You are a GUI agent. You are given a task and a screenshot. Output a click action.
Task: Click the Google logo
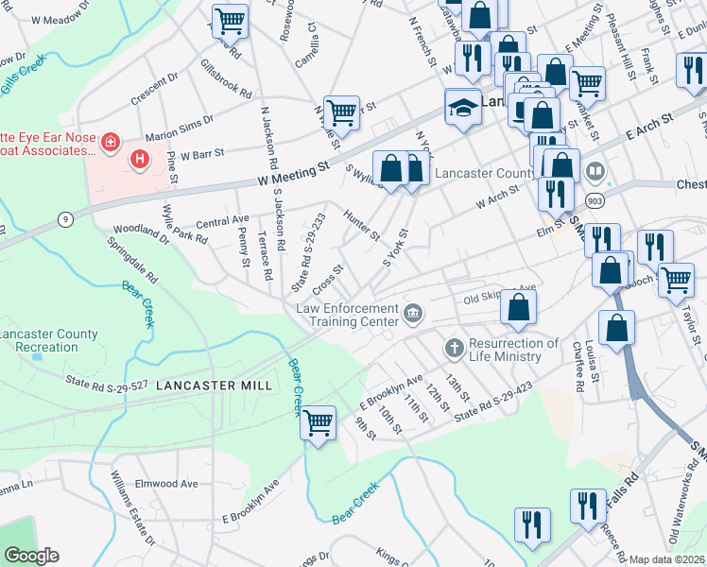(30, 556)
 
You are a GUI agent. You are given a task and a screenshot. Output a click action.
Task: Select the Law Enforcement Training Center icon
(413, 313)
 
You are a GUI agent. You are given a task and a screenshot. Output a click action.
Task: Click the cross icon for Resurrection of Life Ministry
(454, 349)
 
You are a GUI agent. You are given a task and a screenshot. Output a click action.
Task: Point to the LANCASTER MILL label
(214, 386)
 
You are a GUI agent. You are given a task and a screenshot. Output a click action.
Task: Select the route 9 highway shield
(64, 219)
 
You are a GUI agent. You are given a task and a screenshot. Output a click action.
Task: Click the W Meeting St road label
(293, 176)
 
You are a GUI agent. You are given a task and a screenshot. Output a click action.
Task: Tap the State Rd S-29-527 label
(107, 383)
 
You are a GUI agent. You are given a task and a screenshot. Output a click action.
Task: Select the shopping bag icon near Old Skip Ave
(518, 306)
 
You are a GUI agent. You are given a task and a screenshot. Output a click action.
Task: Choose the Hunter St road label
(361, 224)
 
